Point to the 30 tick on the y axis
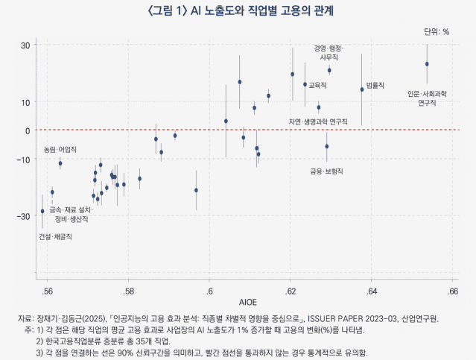(x=25, y=45)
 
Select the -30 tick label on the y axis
(x=23, y=216)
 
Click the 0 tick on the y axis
(x=28, y=130)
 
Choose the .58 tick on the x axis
(x=128, y=290)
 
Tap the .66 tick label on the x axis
(x=453, y=290)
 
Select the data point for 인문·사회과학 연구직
(x=427, y=64)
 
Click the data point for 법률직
(x=362, y=89)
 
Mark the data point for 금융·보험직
(x=326, y=146)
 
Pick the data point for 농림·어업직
(x=60, y=163)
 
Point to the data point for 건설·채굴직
(x=42, y=212)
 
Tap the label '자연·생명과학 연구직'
(x=318, y=121)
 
